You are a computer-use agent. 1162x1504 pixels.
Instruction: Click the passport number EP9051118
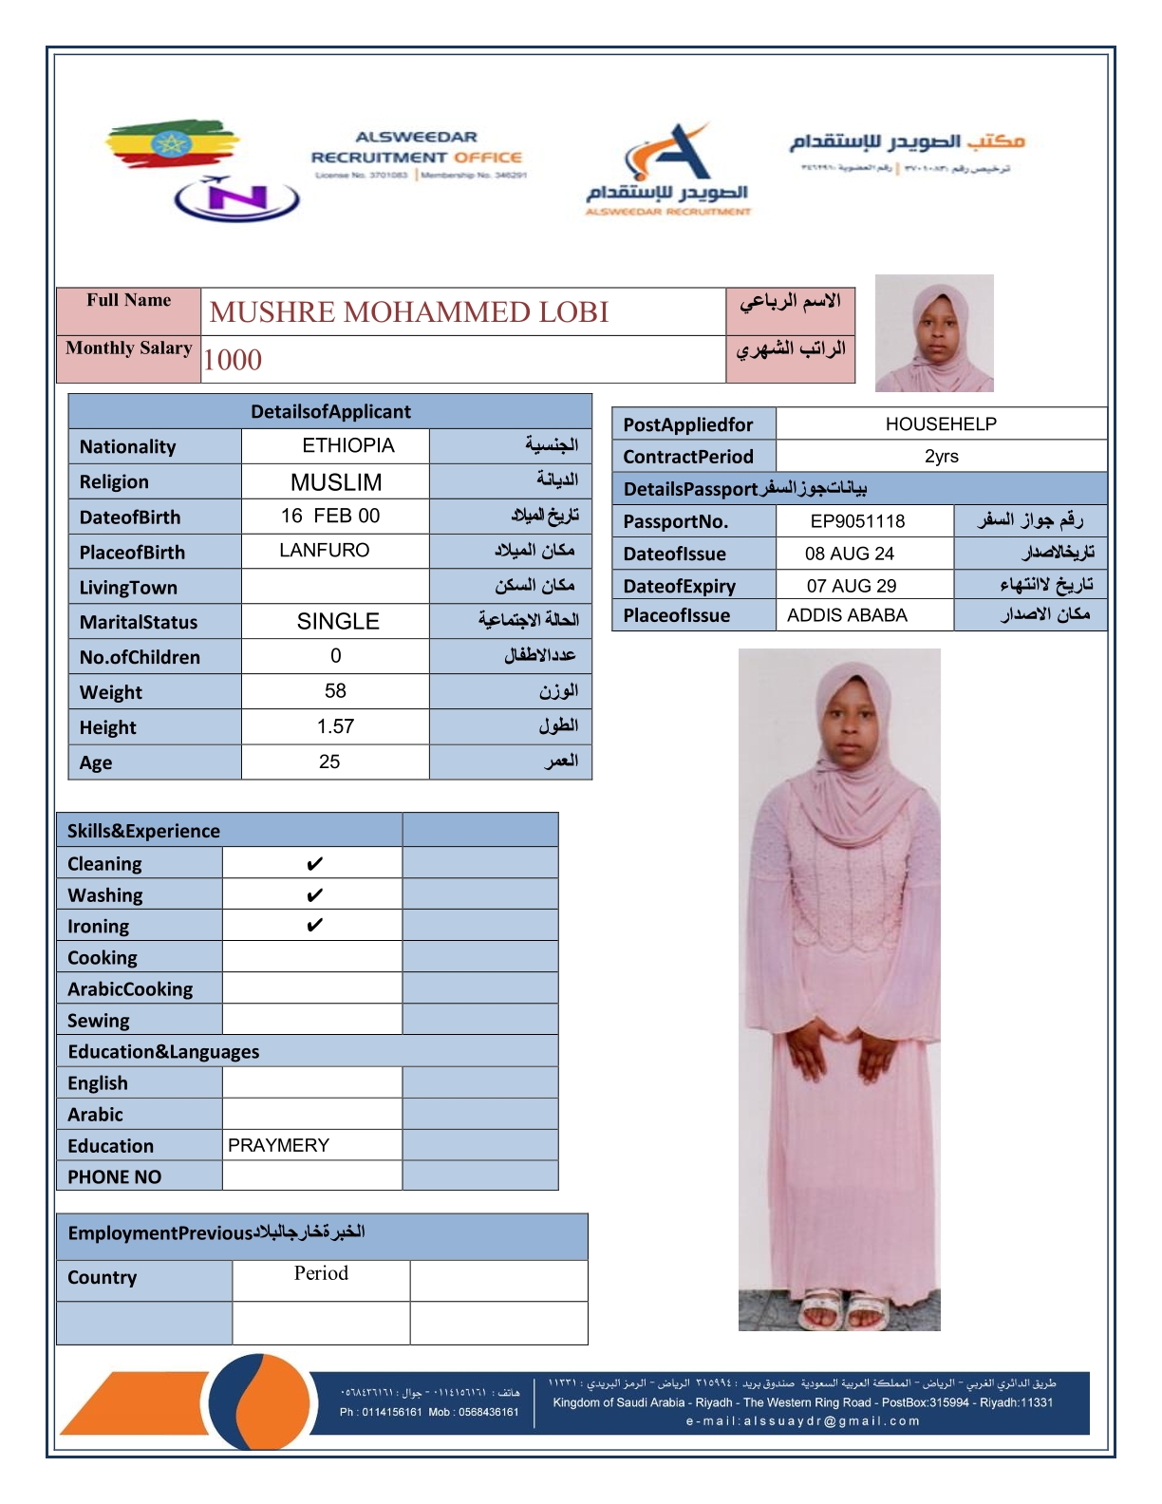pyautogui.click(x=857, y=521)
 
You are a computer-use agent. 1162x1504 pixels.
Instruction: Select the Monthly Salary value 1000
pyautogui.click(x=233, y=360)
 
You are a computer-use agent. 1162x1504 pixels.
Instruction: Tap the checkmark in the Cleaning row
pyautogui.click(x=314, y=864)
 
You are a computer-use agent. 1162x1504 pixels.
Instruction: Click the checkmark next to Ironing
pyautogui.click(x=314, y=926)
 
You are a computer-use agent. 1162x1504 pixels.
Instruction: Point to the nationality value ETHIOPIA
pyautogui.click(x=347, y=446)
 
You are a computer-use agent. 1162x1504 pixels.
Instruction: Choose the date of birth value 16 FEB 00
pyautogui.click(x=330, y=517)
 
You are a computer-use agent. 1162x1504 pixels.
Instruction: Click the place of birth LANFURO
pyautogui.click(x=324, y=551)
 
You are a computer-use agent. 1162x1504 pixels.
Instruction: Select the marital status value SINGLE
pyautogui.click(x=338, y=622)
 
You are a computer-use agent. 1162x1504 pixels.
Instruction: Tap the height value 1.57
pyautogui.click(x=335, y=727)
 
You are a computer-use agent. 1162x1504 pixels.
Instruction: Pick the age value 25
pyautogui.click(x=329, y=762)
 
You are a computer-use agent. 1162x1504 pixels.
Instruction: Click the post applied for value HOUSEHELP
pyautogui.click(x=941, y=424)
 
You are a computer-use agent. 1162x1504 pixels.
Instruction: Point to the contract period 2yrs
pyautogui.click(x=941, y=457)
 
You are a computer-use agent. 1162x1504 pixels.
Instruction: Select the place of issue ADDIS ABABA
pyautogui.click(x=847, y=615)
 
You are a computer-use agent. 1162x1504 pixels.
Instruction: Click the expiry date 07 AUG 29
pyautogui.click(x=851, y=586)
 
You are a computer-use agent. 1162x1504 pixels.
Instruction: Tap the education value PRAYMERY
pyautogui.click(x=278, y=1146)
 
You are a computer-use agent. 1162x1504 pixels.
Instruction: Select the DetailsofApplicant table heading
pyautogui.click(x=330, y=412)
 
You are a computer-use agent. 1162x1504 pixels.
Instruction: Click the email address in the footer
pyautogui.click(x=803, y=1421)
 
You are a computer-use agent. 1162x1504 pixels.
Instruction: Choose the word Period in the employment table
pyautogui.click(x=321, y=1274)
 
